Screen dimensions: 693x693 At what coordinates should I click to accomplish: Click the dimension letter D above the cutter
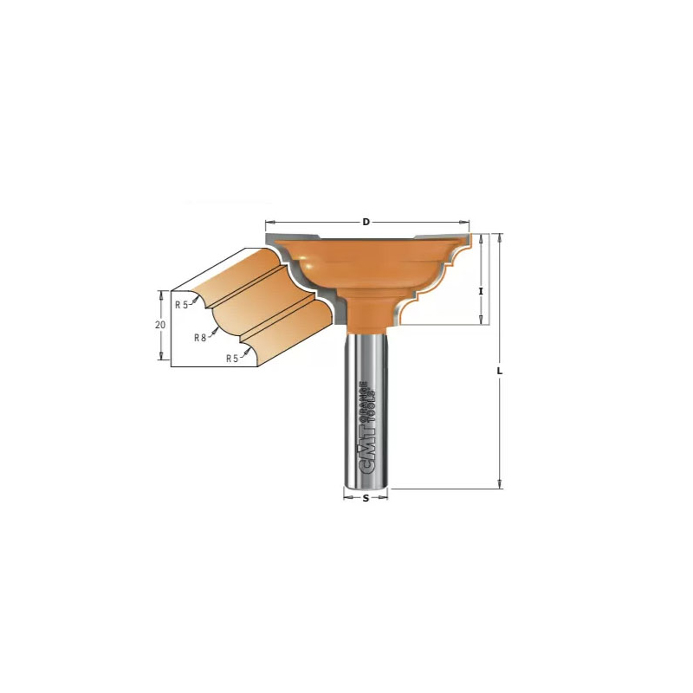pyautogui.click(x=366, y=222)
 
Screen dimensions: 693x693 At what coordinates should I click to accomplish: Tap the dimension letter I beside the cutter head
pyautogui.click(x=482, y=291)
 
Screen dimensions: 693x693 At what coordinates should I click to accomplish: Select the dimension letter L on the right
pyautogui.click(x=500, y=372)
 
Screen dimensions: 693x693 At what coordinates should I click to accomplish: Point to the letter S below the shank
pyautogui.click(x=366, y=499)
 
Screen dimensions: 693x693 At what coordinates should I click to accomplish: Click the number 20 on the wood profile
pyautogui.click(x=160, y=324)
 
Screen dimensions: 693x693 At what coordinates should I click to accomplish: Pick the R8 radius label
pyautogui.click(x=200, y=338)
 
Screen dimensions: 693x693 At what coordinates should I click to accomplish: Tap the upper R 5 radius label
pyautogui.click(x=182, y=305)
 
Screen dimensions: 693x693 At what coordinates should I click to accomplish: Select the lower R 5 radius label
pyautogui.click(x=232, y=359)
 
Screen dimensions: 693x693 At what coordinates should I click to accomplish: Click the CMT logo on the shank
pyautogui.click(x=365, y=450)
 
